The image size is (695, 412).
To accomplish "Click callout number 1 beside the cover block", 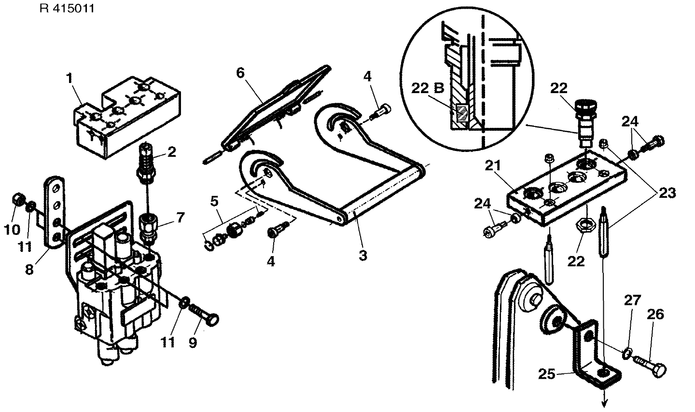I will click(x=69, y=78).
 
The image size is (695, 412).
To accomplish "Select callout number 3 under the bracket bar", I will click(x=362, y=255).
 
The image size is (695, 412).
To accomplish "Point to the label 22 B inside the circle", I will click(x=428, y=89).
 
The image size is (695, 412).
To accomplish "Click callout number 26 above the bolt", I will click(x=656, y=315).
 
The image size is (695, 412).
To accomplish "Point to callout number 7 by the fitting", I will click(x=181, y=218).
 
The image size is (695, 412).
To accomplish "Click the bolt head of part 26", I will click(x=659, y=370).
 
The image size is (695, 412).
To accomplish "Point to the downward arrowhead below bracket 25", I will click(x=603, y=404).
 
